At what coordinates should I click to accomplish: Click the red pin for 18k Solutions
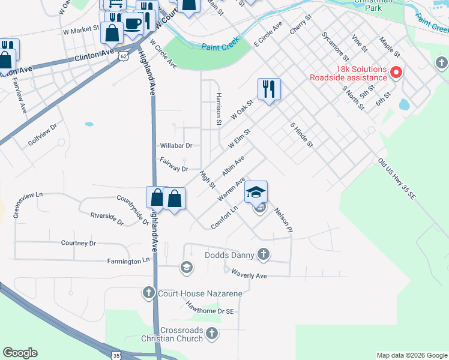pyautogui.click(x=396, y=73)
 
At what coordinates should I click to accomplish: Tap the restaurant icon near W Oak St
pyautogui.click(x=269, y=89)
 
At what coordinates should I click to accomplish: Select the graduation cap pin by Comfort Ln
pyautogui.click(x=256, y=192)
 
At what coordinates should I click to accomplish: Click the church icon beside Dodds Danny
pyautogui.click(x=263, y=255)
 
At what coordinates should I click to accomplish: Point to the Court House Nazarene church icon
pyautogui.click(x=149, y=293)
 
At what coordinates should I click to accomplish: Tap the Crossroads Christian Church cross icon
pyautogui.click(x=211, y=333)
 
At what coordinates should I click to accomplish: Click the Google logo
pyautogui.click(x=20, y=353)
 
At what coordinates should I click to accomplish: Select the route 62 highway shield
pyautogui.click(x=123, y=55)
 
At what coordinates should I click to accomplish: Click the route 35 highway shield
pyautogui.click(x=116, y=356)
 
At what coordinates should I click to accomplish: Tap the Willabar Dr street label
pyautogui.click(x=176, y=146)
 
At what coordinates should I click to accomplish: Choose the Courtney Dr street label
pyautogui.click(x=78, y=243)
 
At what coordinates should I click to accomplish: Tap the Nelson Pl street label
pyautogui.click(x=283, y=220)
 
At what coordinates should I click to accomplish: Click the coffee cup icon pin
pyautogui.click(x=133, y=25)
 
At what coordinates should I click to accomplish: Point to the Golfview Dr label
pyautogui.click(x=42, y=136)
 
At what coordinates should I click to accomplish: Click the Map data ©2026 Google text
pyautogui.click(x=411, y=355)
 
